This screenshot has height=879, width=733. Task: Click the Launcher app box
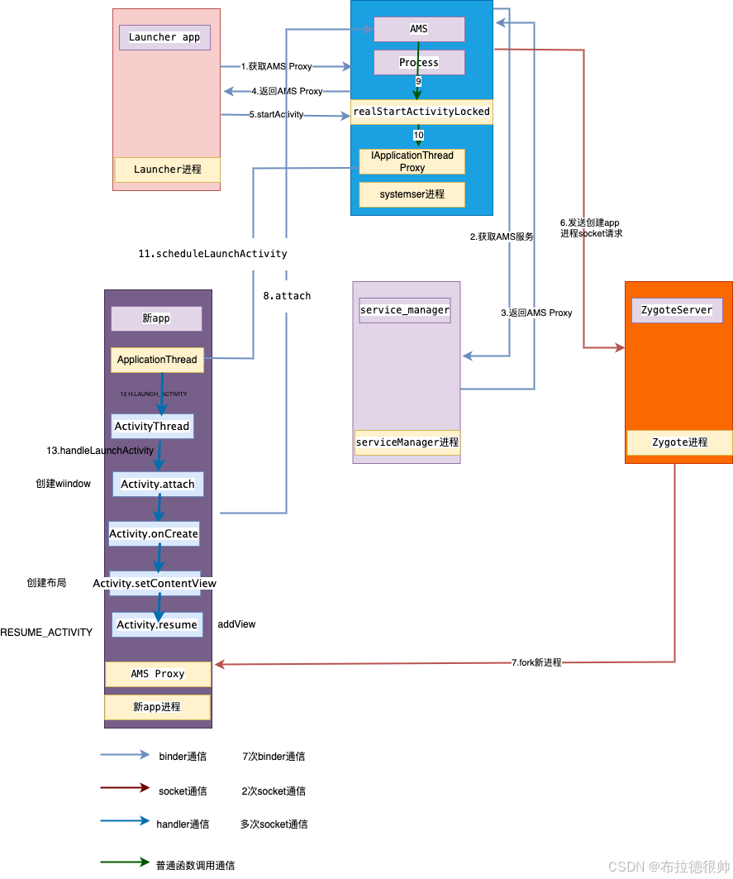click(164, 37)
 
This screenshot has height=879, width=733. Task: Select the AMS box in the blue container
click(419, 29)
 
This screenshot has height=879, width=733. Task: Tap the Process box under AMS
click(419, 62)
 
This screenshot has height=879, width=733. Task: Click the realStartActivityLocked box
click(421, 112)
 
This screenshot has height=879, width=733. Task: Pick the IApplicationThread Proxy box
click(412, 161)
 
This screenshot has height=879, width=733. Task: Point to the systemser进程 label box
click(412, 194)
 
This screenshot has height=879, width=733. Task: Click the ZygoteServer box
click(677, 310)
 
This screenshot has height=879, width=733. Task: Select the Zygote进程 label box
click(679, 442)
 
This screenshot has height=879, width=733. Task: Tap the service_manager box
click(405, 310)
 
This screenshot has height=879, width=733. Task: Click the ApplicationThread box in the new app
click(157, 360)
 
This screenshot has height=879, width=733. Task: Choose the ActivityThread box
click(152, 426)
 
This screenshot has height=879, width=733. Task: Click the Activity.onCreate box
click(154, 534)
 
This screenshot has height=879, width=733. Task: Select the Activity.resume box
click(157, 624)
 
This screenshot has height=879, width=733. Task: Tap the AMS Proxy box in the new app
click(158, 674)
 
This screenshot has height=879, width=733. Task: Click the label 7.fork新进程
click(535, 662)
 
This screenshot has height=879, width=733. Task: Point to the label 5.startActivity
click(276, 115)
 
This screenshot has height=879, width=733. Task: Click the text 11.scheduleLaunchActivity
click(212, 254)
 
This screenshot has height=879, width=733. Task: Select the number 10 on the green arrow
click(418, 135)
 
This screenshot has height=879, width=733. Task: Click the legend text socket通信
click(183, 791)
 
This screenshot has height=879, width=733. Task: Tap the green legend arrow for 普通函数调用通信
click(124, 862)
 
